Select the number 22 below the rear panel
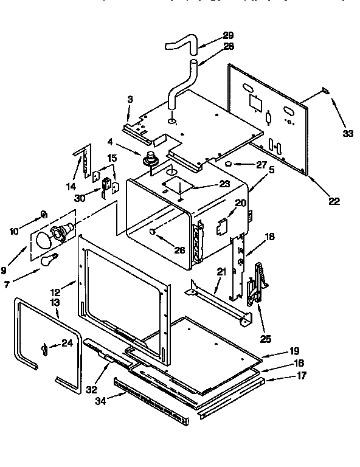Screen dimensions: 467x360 pyautogui.click(x=334, y=201)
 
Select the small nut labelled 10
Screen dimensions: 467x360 pyautogui.click(x=43, y=213)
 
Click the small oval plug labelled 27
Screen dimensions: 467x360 pyautogui.click(x=227, y=164)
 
